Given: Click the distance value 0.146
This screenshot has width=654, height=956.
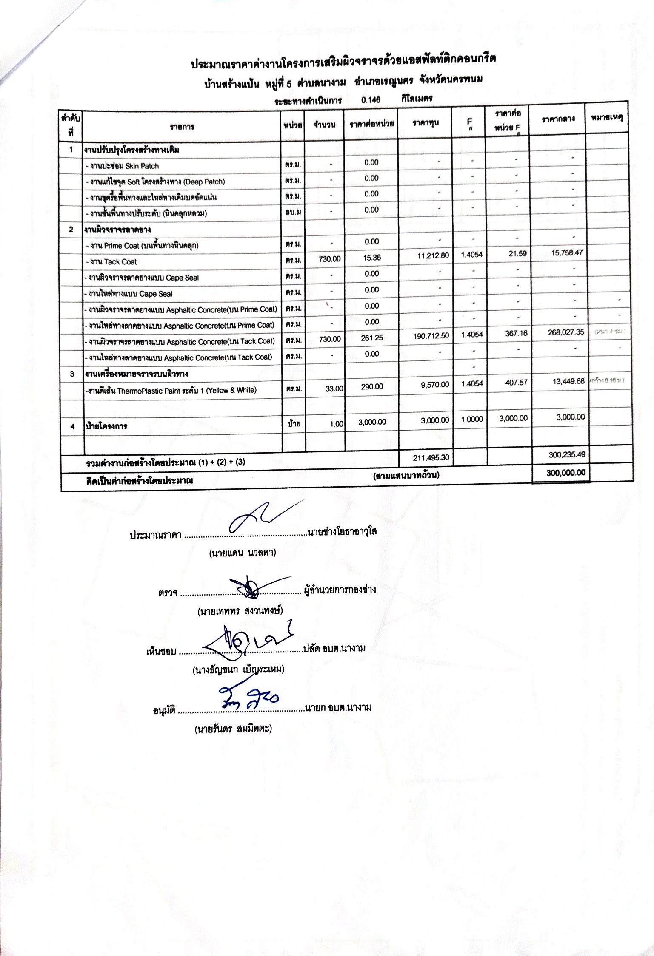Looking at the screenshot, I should click(370, 100).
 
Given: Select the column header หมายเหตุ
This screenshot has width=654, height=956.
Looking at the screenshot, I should click(607, 118).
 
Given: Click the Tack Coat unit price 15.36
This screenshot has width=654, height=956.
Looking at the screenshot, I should click(371, 258).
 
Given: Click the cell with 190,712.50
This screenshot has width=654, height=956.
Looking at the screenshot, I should click(431, 335).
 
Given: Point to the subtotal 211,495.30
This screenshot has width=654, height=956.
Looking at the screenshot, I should click(431, 457).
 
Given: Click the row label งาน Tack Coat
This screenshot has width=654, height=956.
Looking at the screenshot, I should click(111, 262).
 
